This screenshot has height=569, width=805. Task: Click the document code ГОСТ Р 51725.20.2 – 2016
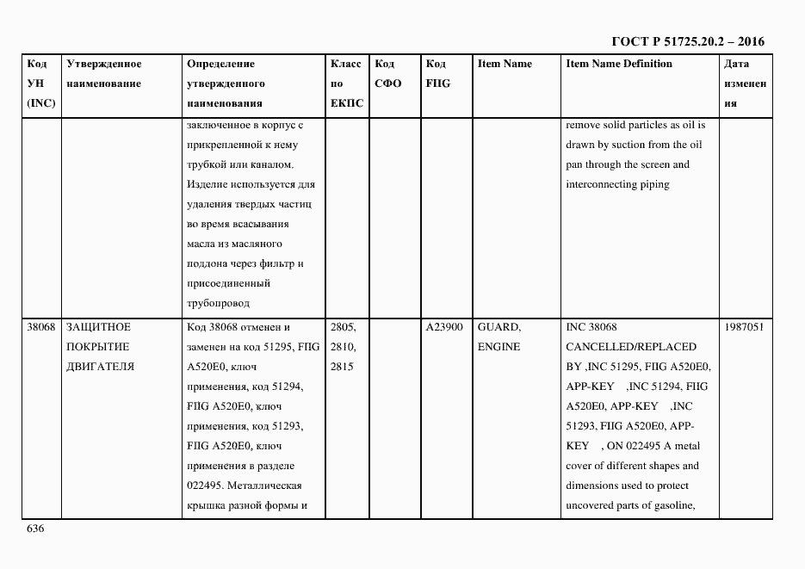687,41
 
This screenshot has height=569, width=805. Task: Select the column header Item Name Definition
618,64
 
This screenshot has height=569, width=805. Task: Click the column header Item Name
505,64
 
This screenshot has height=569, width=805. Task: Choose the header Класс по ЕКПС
347,83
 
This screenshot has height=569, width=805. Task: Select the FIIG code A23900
444,327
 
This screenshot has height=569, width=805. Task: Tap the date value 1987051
745,327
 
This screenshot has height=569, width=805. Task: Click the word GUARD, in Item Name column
498,327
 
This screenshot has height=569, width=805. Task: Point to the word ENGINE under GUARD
498,347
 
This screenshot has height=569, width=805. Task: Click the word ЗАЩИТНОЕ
98,327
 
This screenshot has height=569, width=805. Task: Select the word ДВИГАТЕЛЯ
100,367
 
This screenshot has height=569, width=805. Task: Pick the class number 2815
342,367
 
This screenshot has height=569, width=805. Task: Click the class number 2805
344,327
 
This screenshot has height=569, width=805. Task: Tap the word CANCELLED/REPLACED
630,347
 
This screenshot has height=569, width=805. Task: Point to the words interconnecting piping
616,184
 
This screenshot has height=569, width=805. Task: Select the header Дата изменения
744,83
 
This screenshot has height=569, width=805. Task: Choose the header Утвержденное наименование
103,74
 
